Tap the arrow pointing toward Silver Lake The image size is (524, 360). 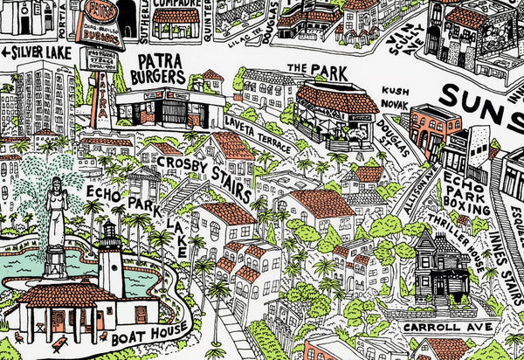click(x=7, y=53)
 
